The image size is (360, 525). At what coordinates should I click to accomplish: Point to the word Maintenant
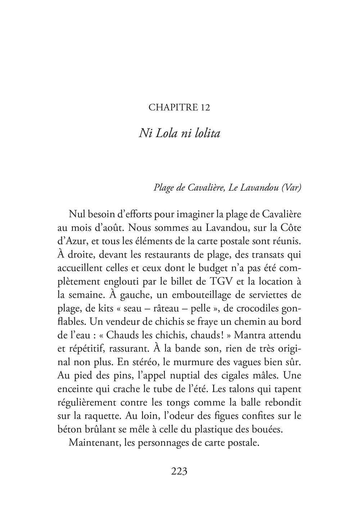point(93,443)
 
